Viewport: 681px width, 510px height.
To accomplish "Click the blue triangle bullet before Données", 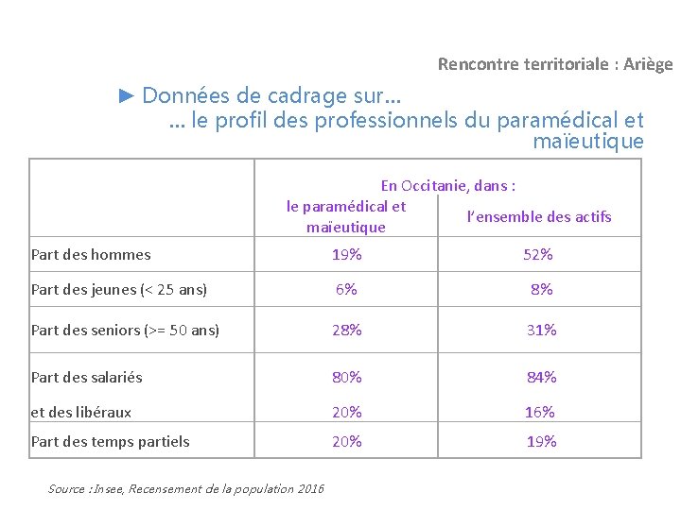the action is click(x=127, y=95).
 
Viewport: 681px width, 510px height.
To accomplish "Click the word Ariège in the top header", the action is click(x=648, y=64).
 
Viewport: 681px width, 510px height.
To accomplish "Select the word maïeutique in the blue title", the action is click(x=588, y=142).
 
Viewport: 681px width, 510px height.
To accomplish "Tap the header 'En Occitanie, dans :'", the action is click(x=448, y=186).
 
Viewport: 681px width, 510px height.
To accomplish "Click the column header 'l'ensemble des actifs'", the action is click(x=539, y=216).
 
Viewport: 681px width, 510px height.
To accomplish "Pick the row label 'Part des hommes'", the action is click(x=91, y=255).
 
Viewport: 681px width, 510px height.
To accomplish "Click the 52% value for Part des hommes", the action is click(x=537, y=255).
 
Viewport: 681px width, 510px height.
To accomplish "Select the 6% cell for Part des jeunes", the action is click(x=346, y=289).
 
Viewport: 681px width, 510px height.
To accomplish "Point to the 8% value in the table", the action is click(x=542, y=289).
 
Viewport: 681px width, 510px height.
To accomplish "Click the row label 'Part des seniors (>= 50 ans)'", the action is click(x=125, y=331).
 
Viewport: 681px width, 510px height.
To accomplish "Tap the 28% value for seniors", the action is click(x=346, y=331).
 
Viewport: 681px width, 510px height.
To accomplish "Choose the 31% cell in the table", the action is click(x=542, y=331).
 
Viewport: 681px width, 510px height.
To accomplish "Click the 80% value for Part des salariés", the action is click(x=346, y=377).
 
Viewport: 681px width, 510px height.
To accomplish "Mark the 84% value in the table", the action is click(x=542, y=377).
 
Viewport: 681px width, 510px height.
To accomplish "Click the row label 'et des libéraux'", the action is click(x=80, y=413).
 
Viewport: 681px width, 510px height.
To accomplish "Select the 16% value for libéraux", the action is click(x=540, y=413).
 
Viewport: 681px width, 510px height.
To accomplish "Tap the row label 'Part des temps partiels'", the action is click(x=111, y=442).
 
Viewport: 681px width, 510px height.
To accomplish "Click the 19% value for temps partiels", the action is click(x=542, y=442).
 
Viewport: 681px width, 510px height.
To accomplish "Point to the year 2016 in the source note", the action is click(x=311, y=489).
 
